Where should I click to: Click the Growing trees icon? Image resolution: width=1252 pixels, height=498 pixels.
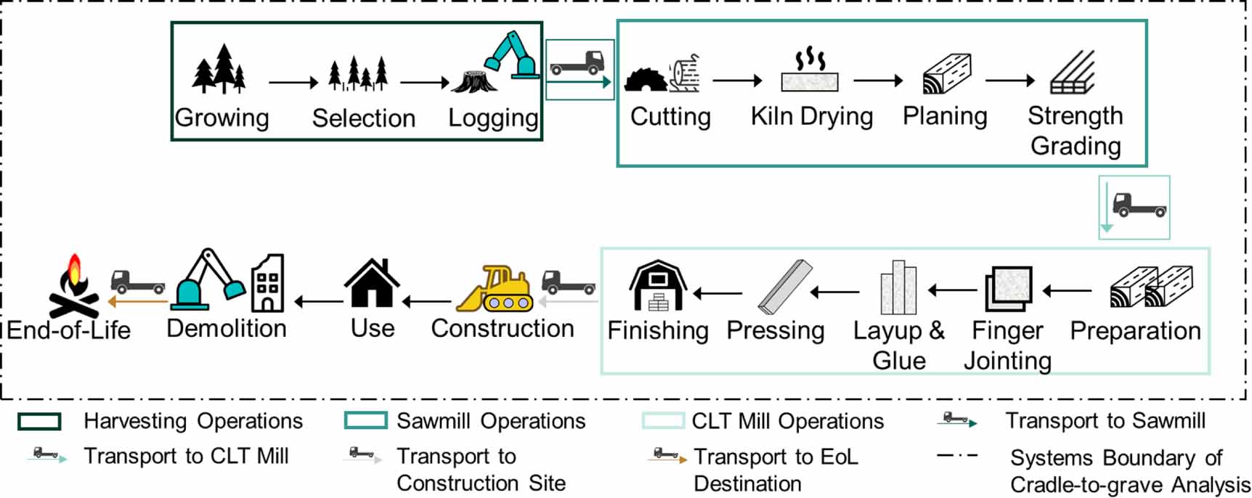tap(219, 70)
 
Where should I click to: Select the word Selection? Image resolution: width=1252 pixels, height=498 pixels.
tap(363, 118)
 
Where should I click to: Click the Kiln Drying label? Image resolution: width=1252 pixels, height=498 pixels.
tap(811, 116)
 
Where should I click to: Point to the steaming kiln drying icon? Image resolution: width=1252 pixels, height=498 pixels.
tap(810, 71)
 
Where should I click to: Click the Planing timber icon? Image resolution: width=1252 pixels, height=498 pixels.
tap(946, 74)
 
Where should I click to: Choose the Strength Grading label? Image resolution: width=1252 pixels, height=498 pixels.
tap(1075, 131)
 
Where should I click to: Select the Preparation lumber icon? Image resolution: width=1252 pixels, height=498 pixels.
tap(1151, 287)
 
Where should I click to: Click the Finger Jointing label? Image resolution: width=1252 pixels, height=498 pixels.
tap(1007, 346)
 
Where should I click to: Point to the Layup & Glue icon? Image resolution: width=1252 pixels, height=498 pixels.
tap(898, 288)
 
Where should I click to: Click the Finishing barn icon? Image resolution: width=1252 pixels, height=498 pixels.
tap(658, 286)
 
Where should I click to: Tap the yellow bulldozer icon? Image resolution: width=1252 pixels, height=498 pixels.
tap(495, 290)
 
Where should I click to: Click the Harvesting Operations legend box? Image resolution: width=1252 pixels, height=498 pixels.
tap(39, 421)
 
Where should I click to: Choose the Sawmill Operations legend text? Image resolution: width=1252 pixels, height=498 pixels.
tap(491, 421)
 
